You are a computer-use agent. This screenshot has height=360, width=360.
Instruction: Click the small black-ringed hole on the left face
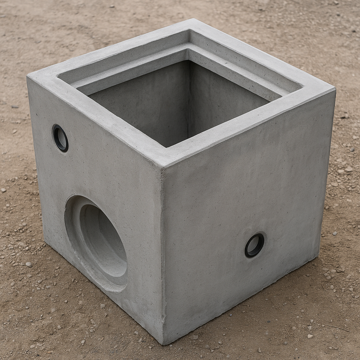(60, 138)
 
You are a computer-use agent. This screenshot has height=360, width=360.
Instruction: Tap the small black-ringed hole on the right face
(254, 245)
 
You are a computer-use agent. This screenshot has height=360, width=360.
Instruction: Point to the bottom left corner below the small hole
(45, 243)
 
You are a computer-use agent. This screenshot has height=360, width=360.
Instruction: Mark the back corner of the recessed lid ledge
(189, 47)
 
